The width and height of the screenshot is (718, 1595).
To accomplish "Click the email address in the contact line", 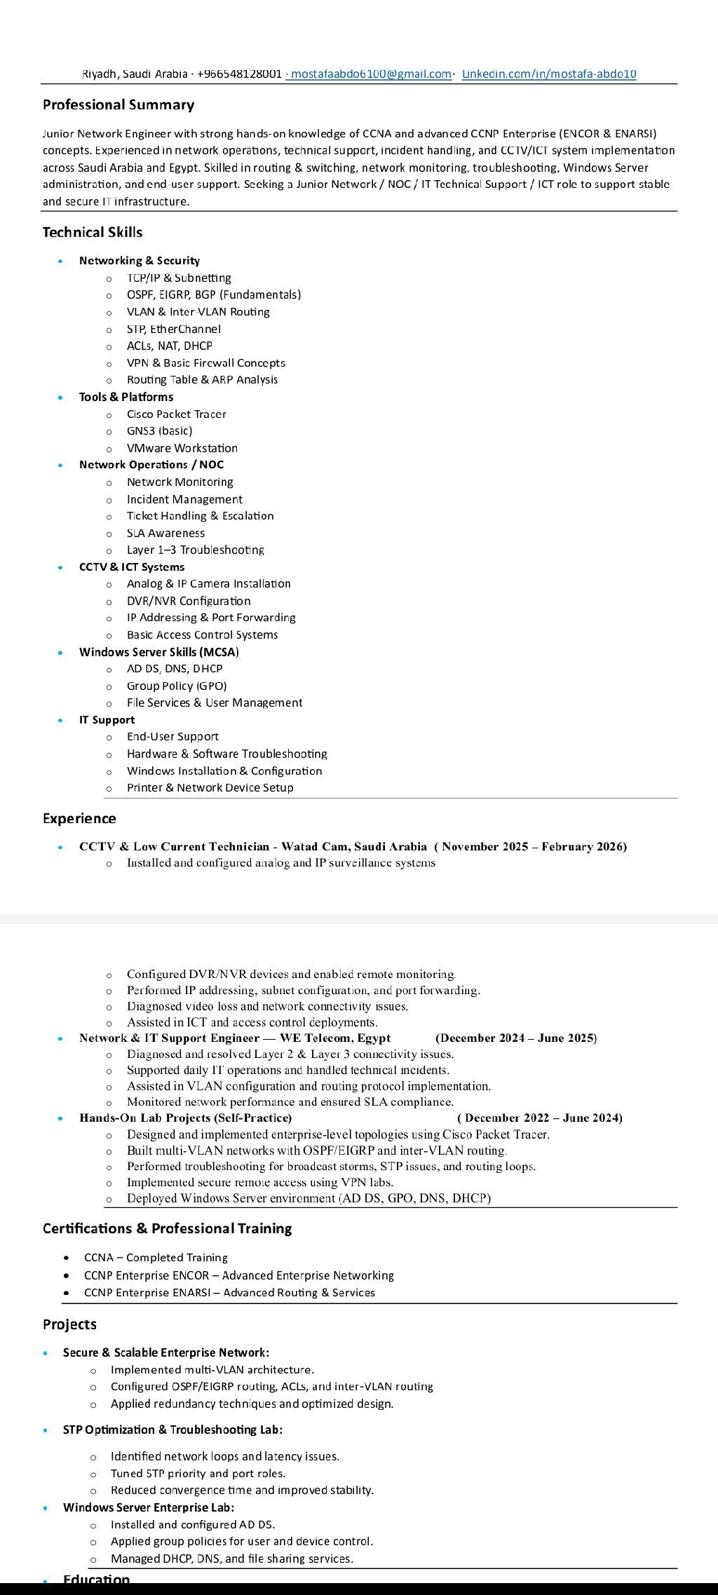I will click(371, 74).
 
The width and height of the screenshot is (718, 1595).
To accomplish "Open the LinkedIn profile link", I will click(549, 74).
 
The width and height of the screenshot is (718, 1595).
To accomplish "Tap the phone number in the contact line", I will click(239, 74).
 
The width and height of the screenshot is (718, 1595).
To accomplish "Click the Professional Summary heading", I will click(118, 105).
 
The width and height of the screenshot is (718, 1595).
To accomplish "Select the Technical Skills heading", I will click(93, 232).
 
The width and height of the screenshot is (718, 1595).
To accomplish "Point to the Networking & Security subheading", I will click(140, 261).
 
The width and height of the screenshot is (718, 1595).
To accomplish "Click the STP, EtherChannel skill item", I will click(173, 329).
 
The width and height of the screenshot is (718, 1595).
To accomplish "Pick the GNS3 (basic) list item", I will click(159, 430).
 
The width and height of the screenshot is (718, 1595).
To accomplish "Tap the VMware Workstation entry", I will click(182, 448).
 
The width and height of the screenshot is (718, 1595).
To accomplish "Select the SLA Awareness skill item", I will click(165, 533).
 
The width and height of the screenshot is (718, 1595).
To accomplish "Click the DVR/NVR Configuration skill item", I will click(188, 601).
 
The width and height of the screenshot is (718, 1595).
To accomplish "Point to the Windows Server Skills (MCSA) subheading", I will click(159, 652).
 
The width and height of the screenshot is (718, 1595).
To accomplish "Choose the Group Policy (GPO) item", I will click(177, 686).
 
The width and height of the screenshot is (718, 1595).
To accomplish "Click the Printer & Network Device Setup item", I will click(210, 787).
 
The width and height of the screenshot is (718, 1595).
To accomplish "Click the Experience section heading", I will click(79, 818).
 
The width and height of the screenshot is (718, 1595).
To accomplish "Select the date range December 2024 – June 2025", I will click(516, 1038).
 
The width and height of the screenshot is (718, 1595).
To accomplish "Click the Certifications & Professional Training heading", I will click(167, 1228).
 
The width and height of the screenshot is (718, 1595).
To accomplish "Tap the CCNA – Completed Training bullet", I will click(156, 1258).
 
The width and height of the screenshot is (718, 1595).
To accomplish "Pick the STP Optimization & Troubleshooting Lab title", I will click(172, 1430).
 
